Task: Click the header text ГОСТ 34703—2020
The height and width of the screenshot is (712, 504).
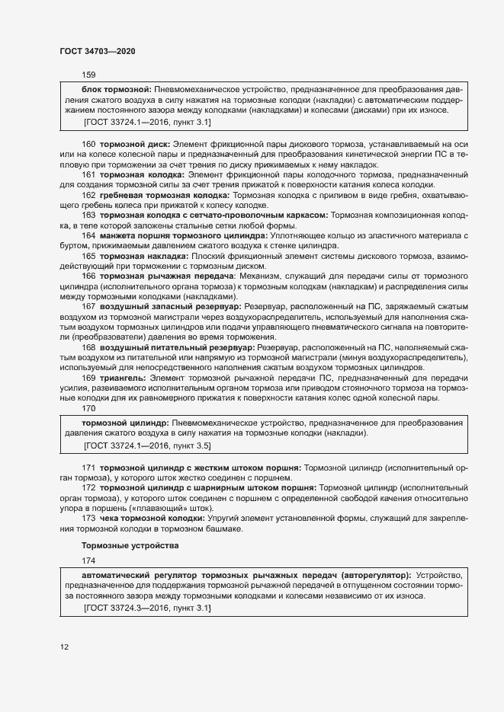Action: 98,50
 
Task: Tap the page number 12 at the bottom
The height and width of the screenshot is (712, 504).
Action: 65,647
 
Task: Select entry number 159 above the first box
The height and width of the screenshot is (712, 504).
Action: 88,75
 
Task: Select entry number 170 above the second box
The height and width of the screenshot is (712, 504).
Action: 88,409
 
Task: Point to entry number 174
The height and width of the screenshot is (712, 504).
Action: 88,561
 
